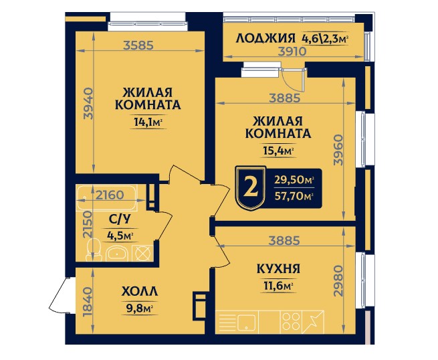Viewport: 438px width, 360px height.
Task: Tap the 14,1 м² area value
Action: (148, 122)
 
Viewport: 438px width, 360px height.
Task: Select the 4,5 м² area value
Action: (120, 235)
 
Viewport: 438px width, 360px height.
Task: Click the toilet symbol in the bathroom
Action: (93, 252)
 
